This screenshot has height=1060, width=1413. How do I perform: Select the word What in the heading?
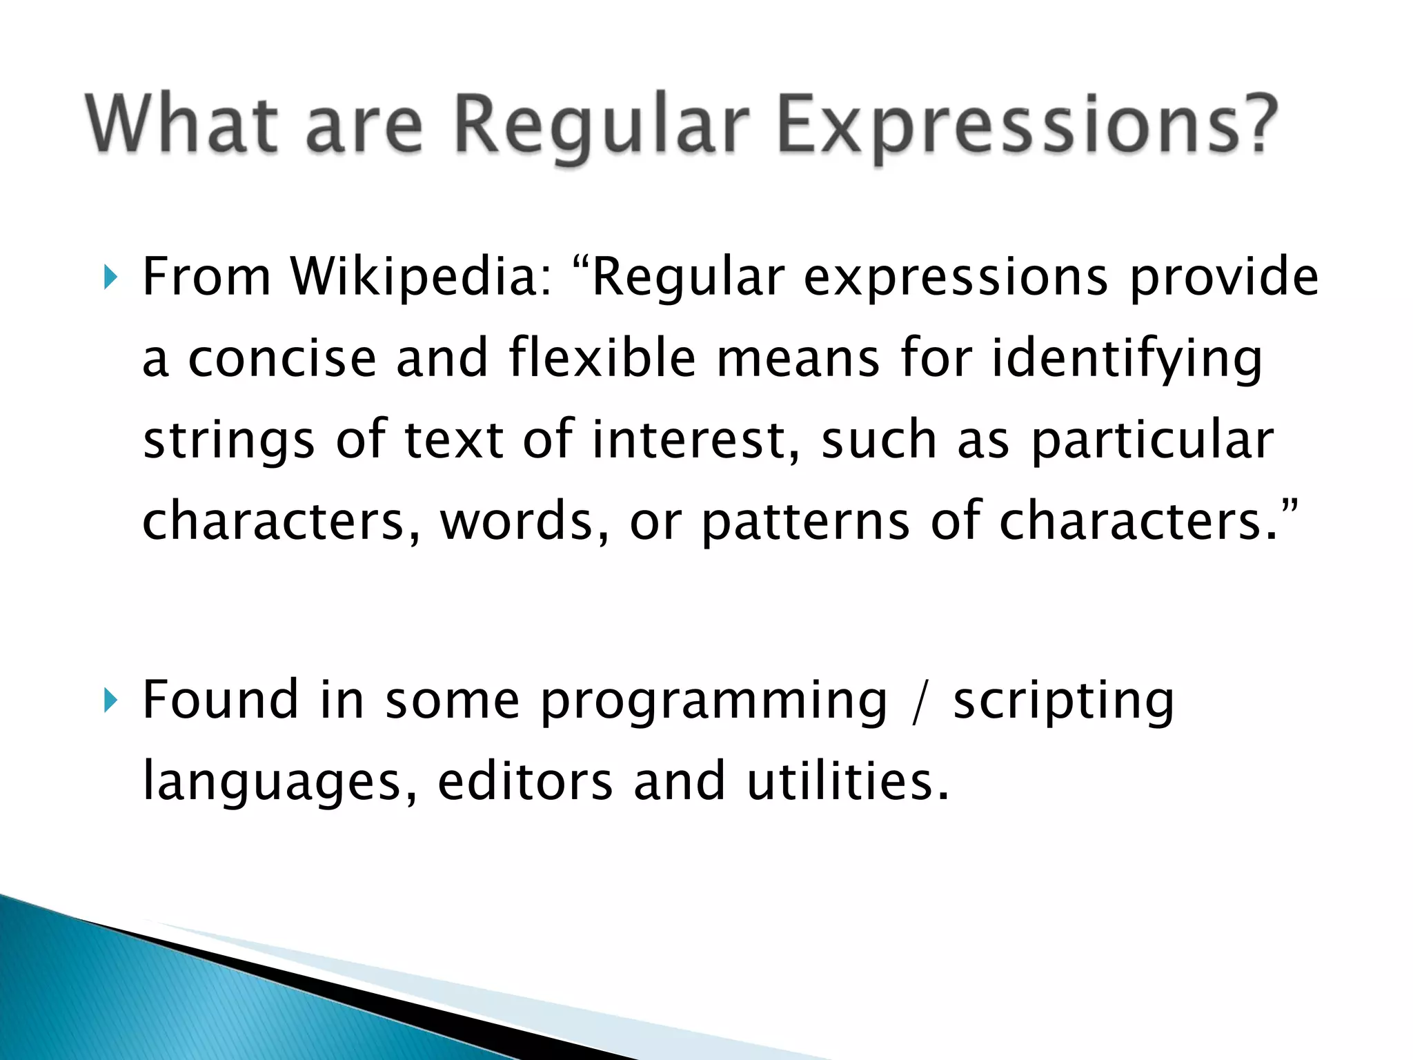(x=182, y=124)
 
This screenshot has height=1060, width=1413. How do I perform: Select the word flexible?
(x=602, y=358)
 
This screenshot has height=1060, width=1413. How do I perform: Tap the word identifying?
(x=1127, y=360)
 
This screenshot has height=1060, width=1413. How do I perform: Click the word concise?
(x=282, y=360)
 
